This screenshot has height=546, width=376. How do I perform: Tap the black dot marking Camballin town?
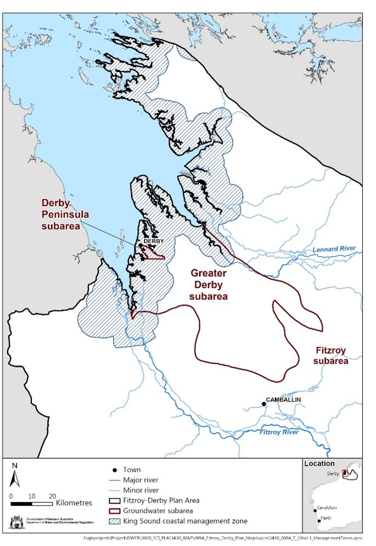coord(263,404)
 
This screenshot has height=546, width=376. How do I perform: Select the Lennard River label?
coord(334,249)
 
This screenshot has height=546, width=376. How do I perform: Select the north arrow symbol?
coord(15,476)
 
